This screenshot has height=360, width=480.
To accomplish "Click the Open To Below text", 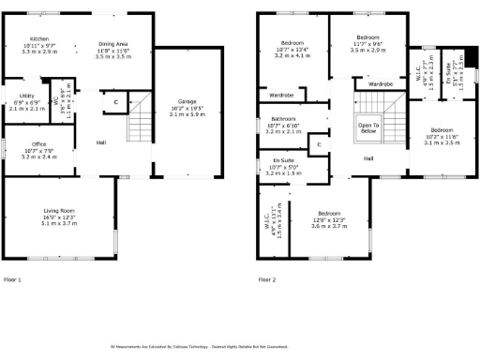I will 367,127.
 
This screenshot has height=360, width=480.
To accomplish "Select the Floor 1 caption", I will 12,279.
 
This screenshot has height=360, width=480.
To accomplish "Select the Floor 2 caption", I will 267,279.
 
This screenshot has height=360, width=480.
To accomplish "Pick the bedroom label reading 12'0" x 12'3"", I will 328,213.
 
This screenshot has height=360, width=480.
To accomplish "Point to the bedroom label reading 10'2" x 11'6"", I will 443,129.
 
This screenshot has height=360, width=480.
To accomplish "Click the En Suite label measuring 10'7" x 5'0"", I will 283,161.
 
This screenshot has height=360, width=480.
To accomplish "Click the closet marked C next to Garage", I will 116,101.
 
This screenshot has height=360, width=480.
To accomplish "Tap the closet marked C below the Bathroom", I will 319,144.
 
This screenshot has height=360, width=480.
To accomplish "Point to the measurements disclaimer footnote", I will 240,346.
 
